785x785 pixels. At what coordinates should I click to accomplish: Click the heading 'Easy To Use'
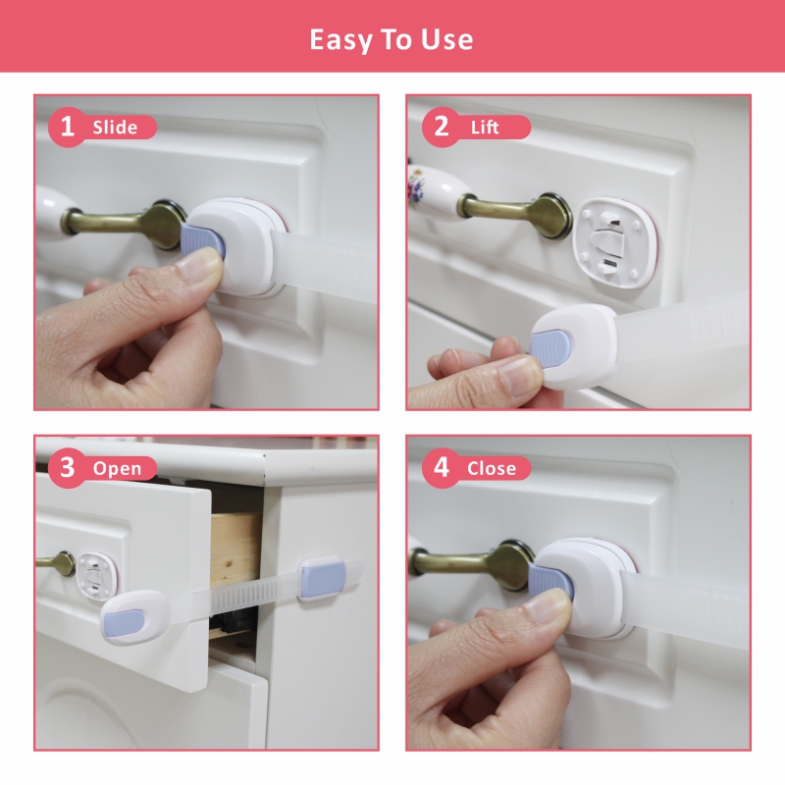[x=391, y=40]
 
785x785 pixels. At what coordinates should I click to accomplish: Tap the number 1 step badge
[x=68, y=127]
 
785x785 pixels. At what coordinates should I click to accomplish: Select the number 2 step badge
[x=441, y=127]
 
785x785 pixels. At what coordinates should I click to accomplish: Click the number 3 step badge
[x=68, y=468]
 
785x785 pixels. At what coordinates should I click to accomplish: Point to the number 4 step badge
[x=441, y=468]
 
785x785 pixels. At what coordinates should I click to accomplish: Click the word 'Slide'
[x=115, y=128]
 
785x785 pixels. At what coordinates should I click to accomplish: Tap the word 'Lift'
[x=485, y=128]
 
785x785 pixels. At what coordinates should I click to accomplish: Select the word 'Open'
[x=117, y=469]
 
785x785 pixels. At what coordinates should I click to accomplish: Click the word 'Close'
[x=492, y=469]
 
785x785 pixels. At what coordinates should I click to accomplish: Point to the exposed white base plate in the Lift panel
[x=615, y=243]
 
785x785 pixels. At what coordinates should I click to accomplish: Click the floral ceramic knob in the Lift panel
[x=434, y=187]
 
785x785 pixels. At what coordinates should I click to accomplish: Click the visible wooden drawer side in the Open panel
[x=235, y=549]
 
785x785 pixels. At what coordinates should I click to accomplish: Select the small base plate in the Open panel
[x=96, y=576]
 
